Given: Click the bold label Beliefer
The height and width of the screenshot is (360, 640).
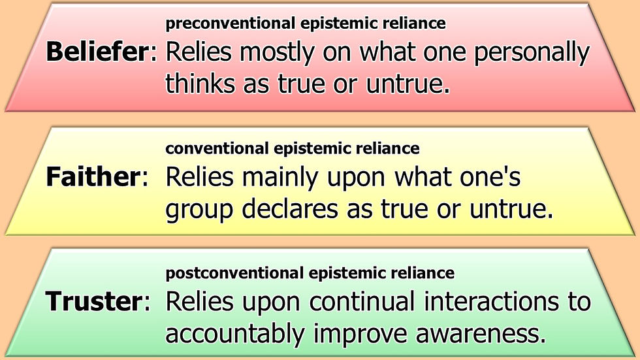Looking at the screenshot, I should pyautogui.click(x=97, y=53).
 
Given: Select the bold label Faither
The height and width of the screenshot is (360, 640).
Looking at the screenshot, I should pyautogui.click(x=92, y=177).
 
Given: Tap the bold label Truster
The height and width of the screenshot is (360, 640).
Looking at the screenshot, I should pyautogui.click(x=93, y=301).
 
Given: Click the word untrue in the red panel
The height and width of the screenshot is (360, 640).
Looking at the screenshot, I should pyautogui.click(x=409, y=83).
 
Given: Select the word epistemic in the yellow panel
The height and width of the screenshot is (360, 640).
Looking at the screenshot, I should pyautogui.click(x=315, y=148).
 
